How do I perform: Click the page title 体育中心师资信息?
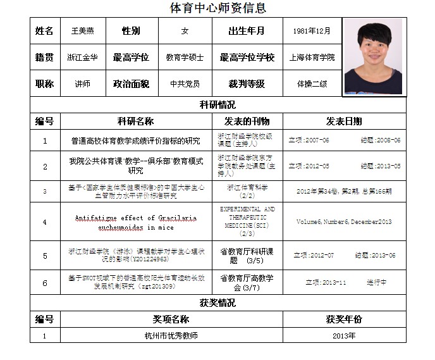click(217, 8)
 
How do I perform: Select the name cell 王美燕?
click(83, 31)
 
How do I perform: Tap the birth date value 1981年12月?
click(312, 31)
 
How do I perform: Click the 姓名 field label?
click(45, 31)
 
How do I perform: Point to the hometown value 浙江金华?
click(83, 58)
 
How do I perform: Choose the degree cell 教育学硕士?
click(185, 58)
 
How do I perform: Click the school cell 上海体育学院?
click(312, 58)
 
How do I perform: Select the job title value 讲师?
click(83, 84)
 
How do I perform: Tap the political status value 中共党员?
click(185, 84)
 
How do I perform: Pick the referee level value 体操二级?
click(312, 84)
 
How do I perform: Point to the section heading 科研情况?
click(217, 105)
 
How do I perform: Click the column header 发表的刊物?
click(247, 121)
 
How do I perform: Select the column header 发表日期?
click(344, 121)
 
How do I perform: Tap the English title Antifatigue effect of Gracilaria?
click(135, 218)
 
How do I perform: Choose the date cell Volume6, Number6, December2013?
click(344, 221)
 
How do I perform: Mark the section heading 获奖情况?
click(217, 303)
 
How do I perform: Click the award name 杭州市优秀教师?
click(171, 335)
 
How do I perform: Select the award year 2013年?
click(344, 335)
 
